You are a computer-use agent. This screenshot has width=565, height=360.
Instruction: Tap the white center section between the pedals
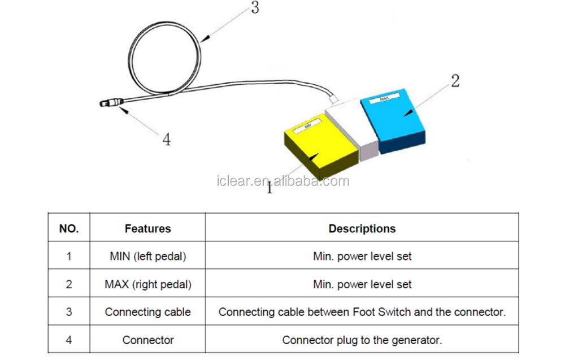tap(353, 122)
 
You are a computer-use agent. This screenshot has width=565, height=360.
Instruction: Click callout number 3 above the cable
tap(255, 8)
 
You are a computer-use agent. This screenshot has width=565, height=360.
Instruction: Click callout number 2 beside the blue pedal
tap(454, 80)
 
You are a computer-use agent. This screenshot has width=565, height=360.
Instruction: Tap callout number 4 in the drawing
tap(167, 138)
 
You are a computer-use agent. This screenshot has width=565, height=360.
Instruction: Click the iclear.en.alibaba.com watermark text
tap(282, 181)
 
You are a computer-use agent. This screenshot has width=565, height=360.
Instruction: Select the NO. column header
tap(69, 229)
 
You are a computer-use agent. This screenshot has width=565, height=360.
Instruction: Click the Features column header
tap(147, 229)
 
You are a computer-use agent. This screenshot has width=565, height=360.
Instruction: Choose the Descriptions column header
tap(362, 229)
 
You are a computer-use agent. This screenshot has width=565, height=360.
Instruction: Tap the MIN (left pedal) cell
tap(147, 256)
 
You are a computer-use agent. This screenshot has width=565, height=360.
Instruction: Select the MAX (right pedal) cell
tap(147, 284)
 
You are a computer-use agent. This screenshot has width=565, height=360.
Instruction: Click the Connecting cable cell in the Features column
tap(147, 312)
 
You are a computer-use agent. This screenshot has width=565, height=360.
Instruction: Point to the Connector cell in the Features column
tap(147, 340)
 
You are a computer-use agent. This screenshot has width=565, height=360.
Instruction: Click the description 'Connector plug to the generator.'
tap(362, 340)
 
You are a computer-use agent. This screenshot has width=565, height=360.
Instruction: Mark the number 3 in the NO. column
tap(69, 312)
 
